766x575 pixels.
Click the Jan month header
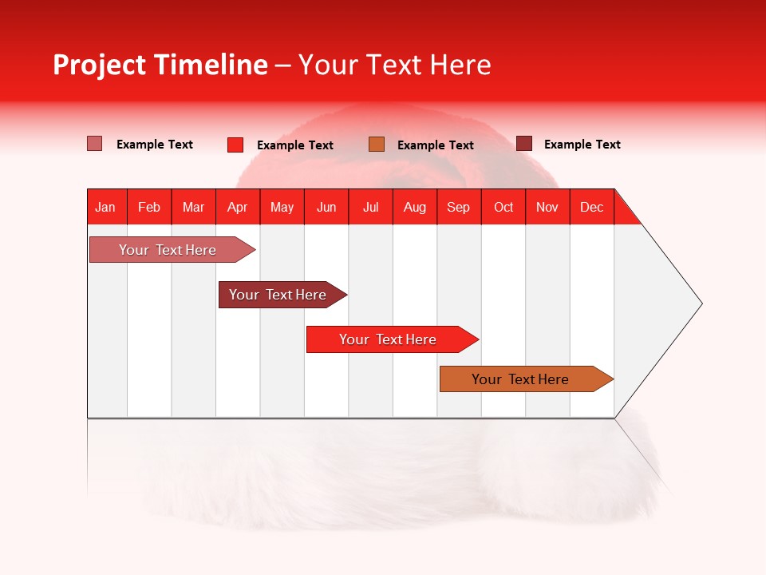(x=106, y=207)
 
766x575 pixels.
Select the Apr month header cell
(x=238, y=207)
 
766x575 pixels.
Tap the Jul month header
(x=370, y=207)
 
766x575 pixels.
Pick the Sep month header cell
(x=459, y=207)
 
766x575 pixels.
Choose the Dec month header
(x=591, y=207)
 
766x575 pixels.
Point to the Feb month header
(x=149, y=207)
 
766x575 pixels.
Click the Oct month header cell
(x=503, y=207)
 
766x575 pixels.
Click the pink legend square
(x=94, y=144)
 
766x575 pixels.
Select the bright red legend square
(x=235, y=145)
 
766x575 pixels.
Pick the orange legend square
(x=377, y=144)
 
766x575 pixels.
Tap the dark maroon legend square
(x=523, y=144)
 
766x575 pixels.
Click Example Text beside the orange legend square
(x=435, y=145)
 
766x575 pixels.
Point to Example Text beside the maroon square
(x=582, y=145)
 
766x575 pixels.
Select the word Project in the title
(x=100, y=65)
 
